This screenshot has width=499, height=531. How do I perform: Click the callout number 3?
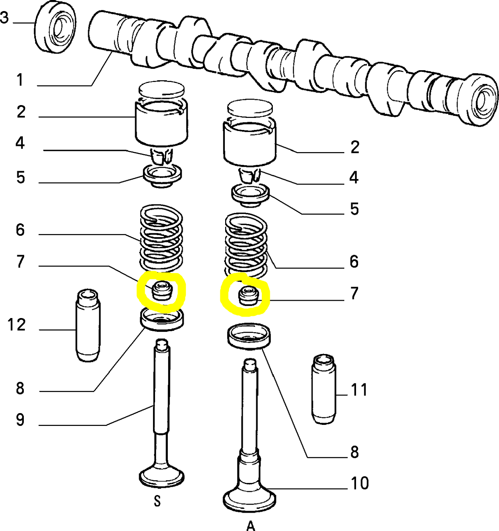pyautogui.click(x=4, y=17)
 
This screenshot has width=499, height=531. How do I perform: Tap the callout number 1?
pyautogui.click(x=20, y=80)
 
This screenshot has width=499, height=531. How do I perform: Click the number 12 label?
pyautogui.click(x=17, y=325)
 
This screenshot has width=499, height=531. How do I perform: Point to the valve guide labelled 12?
pyautogui.click(x=88, y=325)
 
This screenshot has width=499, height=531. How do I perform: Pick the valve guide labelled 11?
pyautogui.click(x=324, y=389)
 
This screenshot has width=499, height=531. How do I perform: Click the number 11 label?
pyautogui.click(x=359, y=390)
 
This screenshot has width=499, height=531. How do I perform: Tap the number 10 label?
pyautogui.click(x=360, y=483)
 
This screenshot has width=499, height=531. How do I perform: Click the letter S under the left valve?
pyautogui.click(x=157, y=501)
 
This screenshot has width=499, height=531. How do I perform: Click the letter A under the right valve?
pyautogui.click(x=251, y=526)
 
